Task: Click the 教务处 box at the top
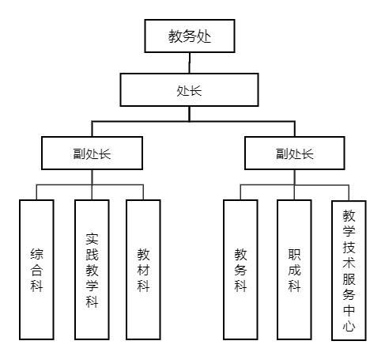click(x=190, y=36)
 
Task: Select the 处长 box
click(x=189, y=90)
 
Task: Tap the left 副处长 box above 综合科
click(x=92, y=153)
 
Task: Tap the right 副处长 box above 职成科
click(x=295, y=153)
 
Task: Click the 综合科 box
click(x=36, y=270)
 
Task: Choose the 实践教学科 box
click(x=92, y=270)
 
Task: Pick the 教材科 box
click(x=143, y=270)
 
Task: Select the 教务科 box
click(x=240, y=270)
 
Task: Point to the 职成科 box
click(x=294, y=270)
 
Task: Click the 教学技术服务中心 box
click(x=349, y=271)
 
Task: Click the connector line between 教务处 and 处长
click(x=189, y=63)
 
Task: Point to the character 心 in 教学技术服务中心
click(x=349, y=325)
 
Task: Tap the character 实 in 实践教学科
click(x=92, y=239)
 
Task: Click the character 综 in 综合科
click(x=36, y=254)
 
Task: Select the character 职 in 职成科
click(x=294, y=254)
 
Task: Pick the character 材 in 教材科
click(x=143, y=270)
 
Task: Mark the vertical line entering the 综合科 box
click(x=36, y=192)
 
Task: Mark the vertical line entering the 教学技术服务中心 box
click(x=349, y=193)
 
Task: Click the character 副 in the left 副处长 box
click(x=79, y=153)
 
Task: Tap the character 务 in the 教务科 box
click(x=240, y=270)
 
